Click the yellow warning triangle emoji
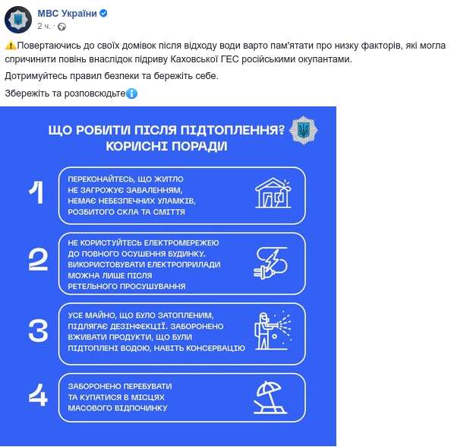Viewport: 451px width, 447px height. pos(10,46)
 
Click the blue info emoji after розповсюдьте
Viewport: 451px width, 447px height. pos(131,94)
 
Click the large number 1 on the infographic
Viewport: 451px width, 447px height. pos(36,193)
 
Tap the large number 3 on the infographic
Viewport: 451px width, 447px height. pos(37,330)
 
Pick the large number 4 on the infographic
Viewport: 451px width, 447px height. pos(37,396)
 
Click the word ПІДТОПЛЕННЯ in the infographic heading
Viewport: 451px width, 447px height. pos(222,130)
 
